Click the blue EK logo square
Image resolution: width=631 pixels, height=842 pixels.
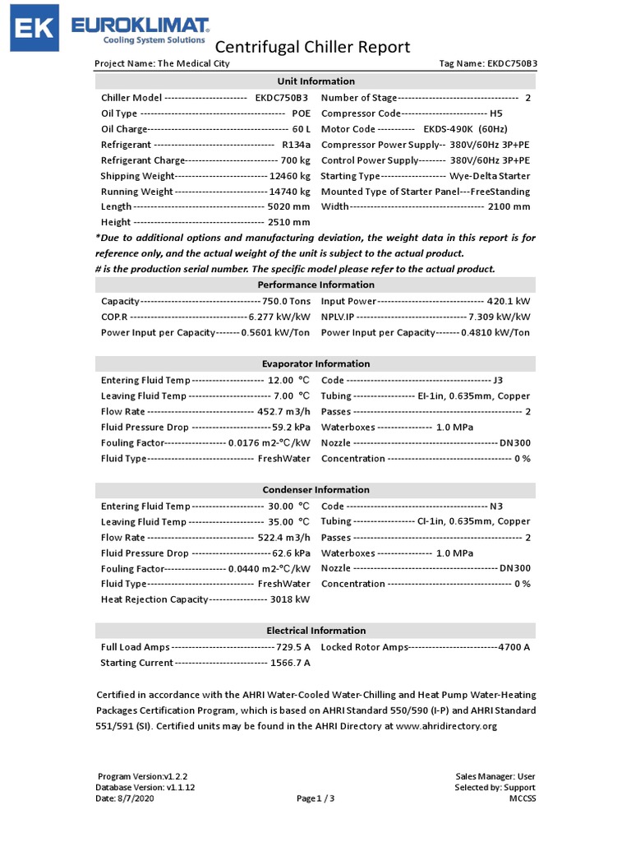[x=34, y=30]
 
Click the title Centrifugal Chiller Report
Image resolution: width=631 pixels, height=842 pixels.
[x=312, y=47]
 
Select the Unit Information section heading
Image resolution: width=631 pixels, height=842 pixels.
[x=315, y=81]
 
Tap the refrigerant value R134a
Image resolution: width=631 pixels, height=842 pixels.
[x=296, y=145]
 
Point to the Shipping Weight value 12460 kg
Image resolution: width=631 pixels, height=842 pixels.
[x=290, y=176]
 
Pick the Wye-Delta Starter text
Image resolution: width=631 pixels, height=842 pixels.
[x=490, y=176]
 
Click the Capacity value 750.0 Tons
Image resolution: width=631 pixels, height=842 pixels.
[x=286, y=302]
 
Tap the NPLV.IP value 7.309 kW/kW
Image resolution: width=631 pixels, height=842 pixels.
[x=500, y=317]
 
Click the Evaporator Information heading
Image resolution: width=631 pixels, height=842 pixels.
[x=315, y=364]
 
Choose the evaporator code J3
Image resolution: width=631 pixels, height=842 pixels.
[x=497, y=381]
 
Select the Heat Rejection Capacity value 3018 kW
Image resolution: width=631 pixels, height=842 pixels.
[x=290, y=600]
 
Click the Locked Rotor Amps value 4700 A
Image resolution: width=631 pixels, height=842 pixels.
[x=514, y=648]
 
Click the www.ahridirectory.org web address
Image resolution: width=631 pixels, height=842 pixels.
[x=447, y=726]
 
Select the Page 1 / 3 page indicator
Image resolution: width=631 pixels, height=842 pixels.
[x=315, y=798]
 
